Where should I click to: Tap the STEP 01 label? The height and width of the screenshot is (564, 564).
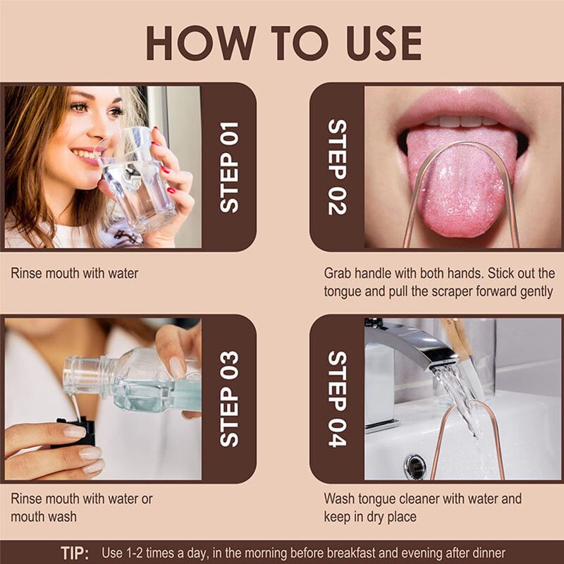coord(229,167)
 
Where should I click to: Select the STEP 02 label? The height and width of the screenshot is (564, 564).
coord(338,167)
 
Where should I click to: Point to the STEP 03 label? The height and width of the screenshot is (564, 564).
coord(229,398)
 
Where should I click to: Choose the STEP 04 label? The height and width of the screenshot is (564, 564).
coord(338,398)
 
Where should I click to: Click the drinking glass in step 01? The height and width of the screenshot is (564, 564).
coord(137,183)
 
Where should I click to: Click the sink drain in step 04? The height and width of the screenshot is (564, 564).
coord(415,466)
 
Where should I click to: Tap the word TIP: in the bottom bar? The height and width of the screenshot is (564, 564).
coord(74,553)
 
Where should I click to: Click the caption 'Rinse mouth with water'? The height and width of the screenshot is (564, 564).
coord(74,274)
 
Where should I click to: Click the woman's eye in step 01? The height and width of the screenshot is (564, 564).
coord(80,107)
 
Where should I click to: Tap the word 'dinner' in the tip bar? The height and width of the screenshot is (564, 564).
coord(487,553)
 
